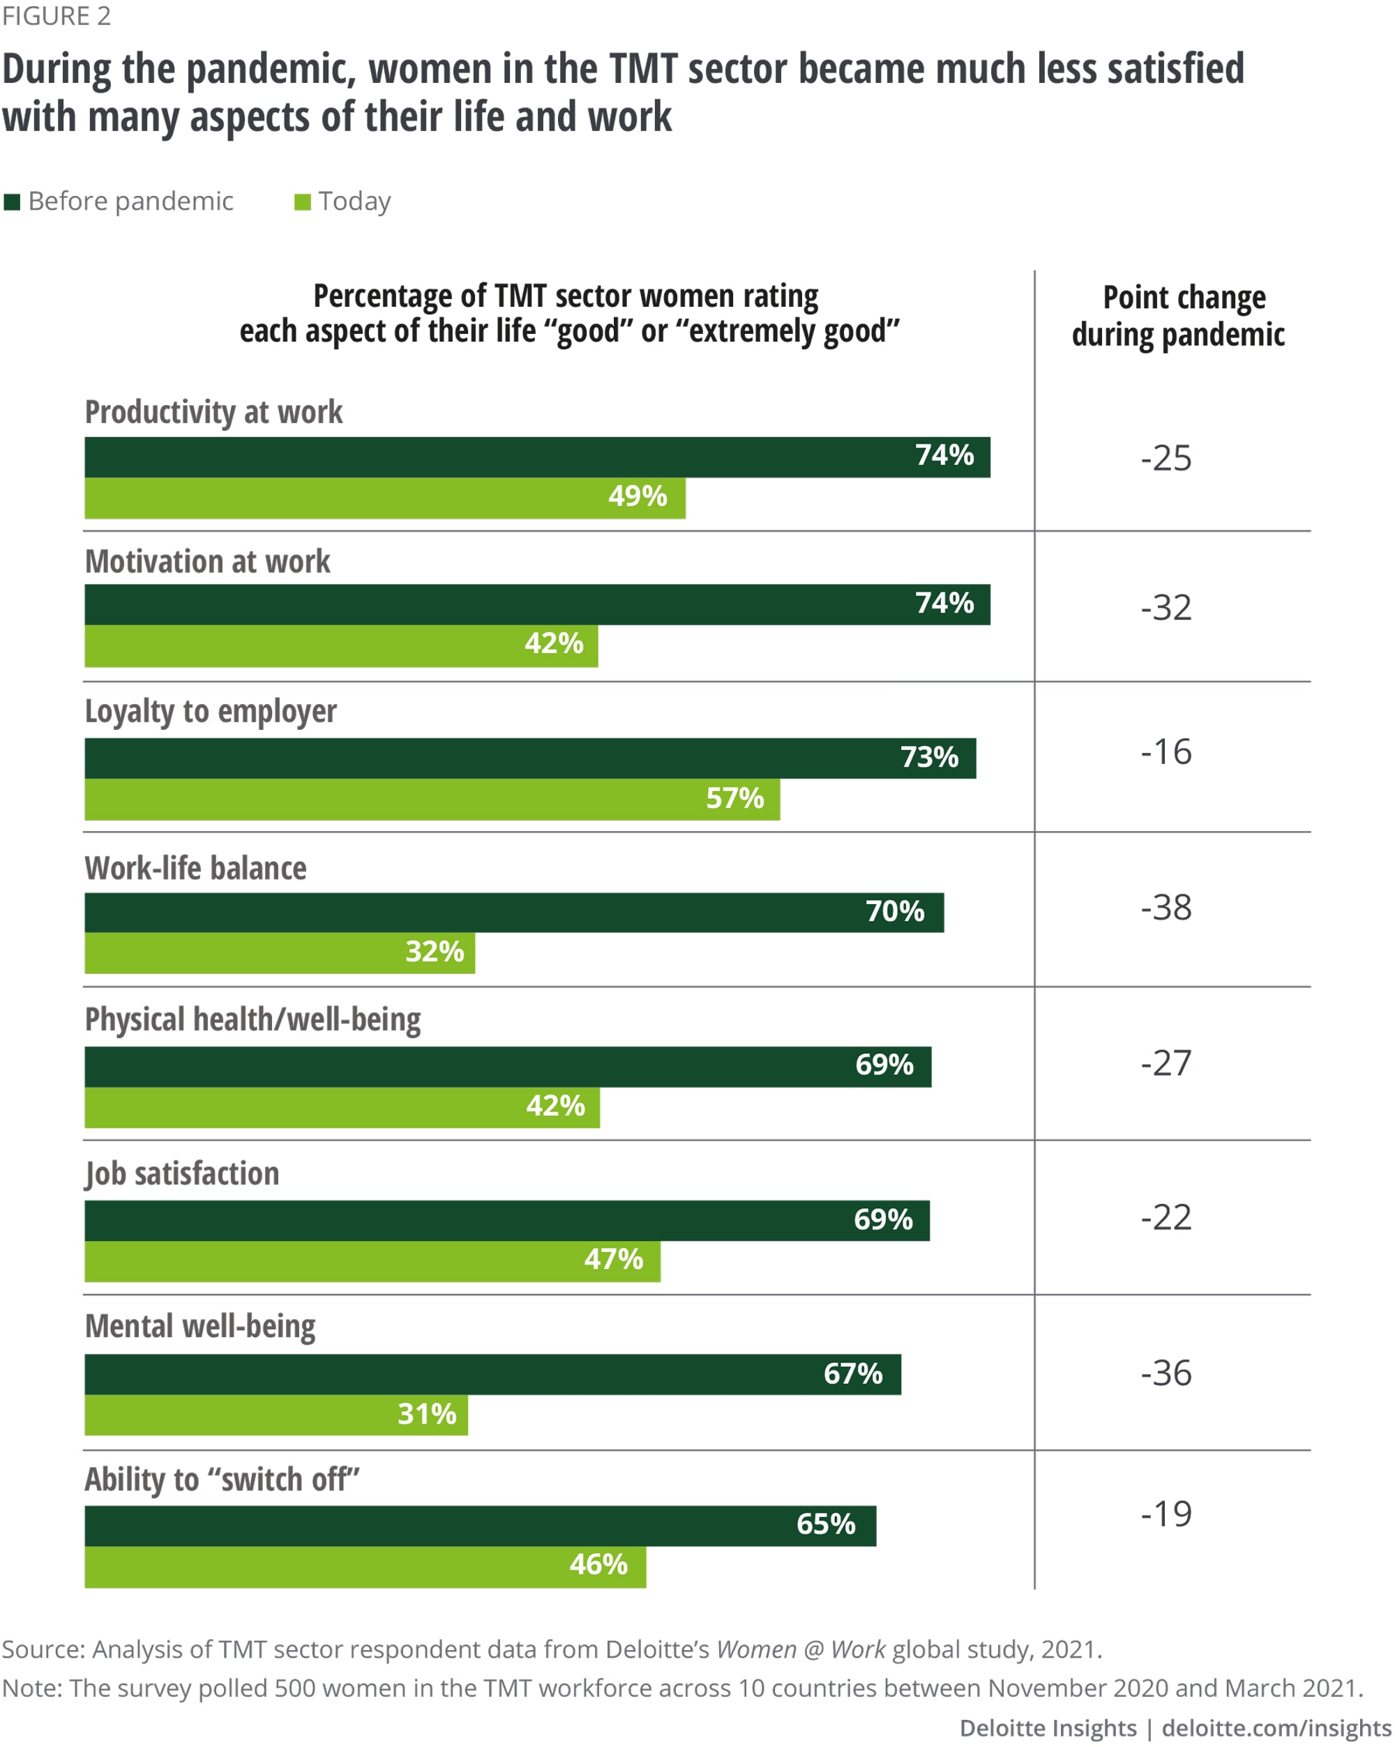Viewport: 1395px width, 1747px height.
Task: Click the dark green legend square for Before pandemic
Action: click(11, 201)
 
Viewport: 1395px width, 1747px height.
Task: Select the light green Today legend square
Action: click(302, 201)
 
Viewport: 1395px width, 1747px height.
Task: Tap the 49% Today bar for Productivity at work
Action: click(384, 498)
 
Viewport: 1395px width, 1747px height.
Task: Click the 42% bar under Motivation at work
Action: click(340, 646)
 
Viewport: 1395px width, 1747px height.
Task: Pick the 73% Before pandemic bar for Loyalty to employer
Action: click(530, 758)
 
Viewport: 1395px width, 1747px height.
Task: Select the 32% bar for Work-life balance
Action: click(280, 953)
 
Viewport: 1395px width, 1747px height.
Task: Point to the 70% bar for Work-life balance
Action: click(514, 913)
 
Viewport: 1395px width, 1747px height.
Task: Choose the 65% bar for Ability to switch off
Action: click(480, 1526)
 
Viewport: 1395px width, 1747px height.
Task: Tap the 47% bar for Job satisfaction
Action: click(372, 1261)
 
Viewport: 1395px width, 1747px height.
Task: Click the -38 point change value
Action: click(1166, 908)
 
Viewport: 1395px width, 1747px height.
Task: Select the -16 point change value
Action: click(1166, 752)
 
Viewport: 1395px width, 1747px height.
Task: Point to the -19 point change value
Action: click(1166, 1513)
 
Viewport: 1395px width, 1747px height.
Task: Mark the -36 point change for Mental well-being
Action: click(1166, 1373)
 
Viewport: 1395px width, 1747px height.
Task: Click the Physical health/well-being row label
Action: click(253, 1019)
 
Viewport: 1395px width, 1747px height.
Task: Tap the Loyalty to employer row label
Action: click(211, 712)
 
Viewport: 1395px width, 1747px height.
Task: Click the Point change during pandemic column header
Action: click(1178, 316)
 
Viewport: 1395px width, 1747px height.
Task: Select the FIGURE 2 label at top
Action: click(56, 16)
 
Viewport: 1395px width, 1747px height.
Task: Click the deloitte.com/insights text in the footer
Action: click(1276, 1727)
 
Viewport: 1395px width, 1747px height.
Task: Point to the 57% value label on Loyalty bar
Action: click(734, 798)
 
